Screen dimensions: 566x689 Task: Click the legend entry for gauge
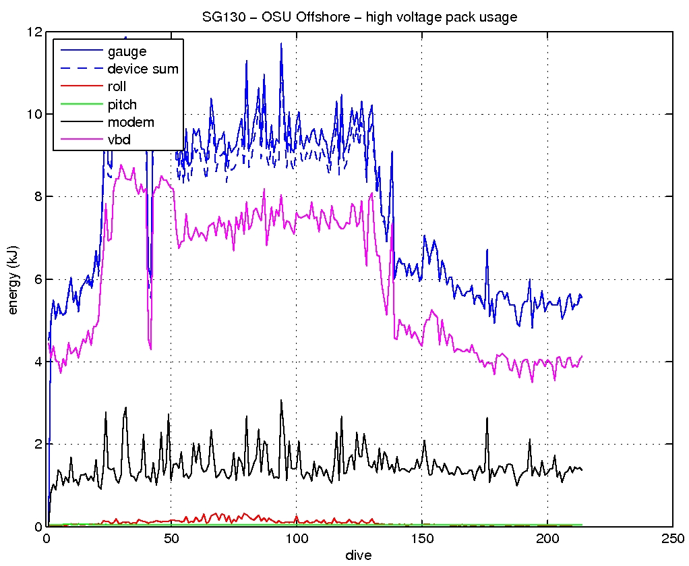127,51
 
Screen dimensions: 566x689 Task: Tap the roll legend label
117,87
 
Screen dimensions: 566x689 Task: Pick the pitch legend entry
121,105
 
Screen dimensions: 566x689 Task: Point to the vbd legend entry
119,140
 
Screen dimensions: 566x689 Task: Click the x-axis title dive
359,555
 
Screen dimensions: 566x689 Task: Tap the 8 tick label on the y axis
38,196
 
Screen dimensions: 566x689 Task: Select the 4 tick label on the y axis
38,362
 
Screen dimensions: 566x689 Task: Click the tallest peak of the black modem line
281,400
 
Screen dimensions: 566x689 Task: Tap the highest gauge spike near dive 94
281,43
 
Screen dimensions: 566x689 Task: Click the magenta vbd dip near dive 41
150,349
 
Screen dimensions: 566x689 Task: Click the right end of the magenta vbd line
581,356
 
